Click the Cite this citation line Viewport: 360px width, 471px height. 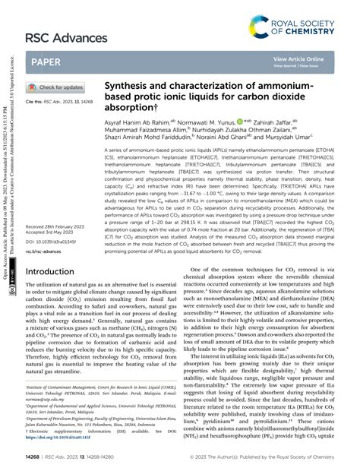click(x=58, y=102)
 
